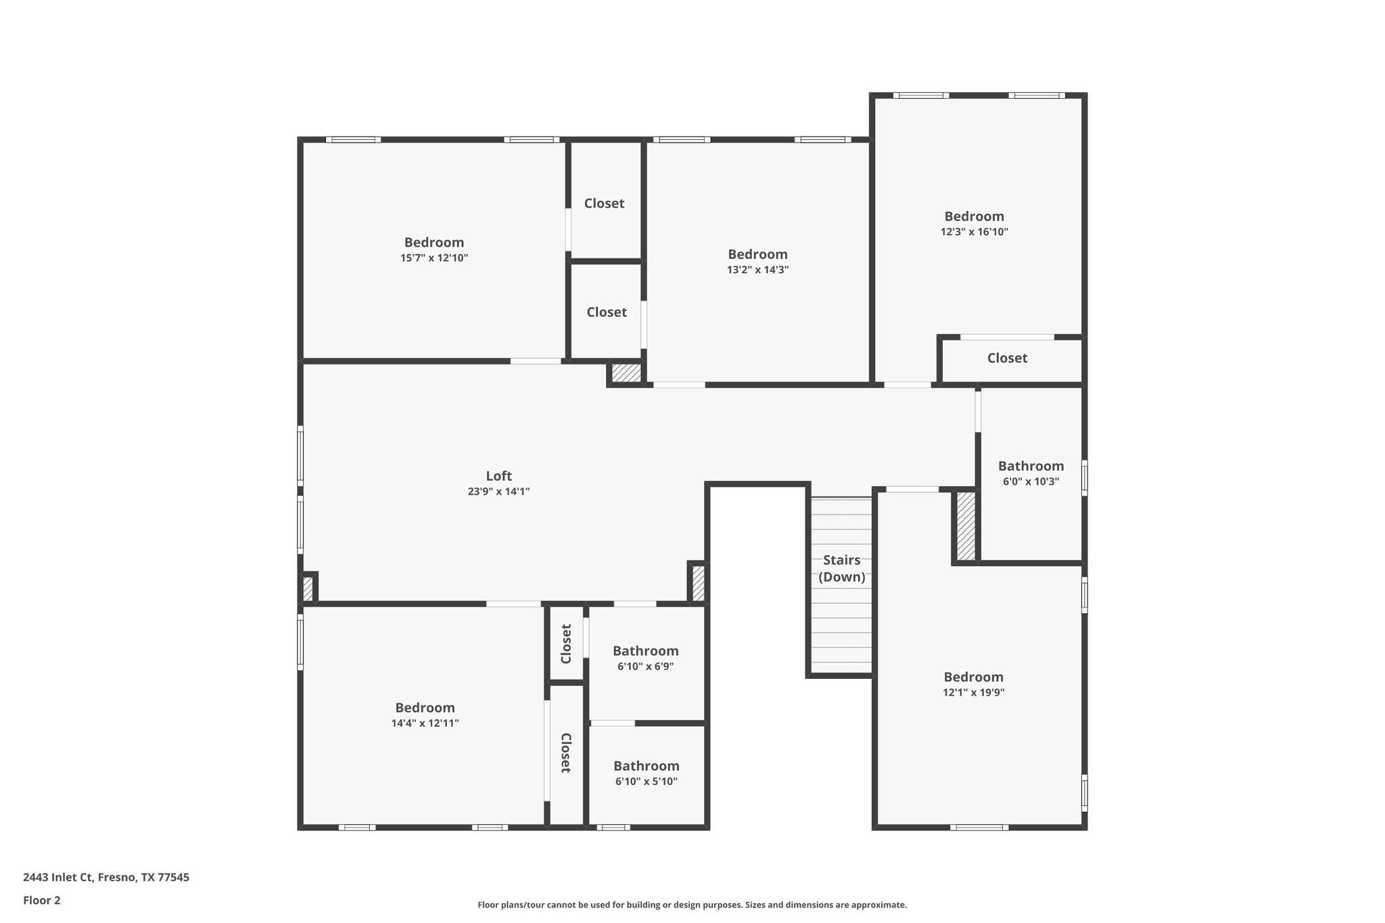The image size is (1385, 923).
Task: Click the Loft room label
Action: (498, 476)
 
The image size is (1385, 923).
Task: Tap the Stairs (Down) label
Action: (841, 568)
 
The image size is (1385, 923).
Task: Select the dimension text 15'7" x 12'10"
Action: (433, 258)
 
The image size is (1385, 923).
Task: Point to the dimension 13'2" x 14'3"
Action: (757, 270)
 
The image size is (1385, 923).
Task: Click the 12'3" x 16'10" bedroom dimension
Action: (974, 232)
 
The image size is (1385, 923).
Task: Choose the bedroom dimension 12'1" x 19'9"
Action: (973, 692)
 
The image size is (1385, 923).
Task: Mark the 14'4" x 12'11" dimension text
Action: (425, 723)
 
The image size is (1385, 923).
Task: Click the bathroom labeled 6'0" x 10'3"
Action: (1031, 473)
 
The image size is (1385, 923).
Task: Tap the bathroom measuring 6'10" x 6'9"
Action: (645, 658)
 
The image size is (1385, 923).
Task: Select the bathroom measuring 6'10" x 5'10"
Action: (646, 773)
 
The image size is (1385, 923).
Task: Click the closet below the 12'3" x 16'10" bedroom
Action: (1007, 358)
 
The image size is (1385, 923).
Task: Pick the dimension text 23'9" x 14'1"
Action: (498, 492)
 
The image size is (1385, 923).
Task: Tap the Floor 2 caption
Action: (42, 900)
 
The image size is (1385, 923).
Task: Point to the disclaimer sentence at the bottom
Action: (692, 905)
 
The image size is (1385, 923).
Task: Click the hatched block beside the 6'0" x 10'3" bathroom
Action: (966, 526)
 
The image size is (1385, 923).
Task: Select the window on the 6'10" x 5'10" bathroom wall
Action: (613, 827)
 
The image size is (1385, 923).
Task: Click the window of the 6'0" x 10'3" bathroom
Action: (1084, 477)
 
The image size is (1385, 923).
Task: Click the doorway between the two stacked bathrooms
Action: (613, 723)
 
